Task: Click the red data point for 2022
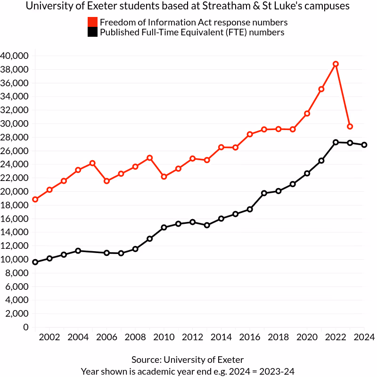pyautogui.click(x=336, y=64)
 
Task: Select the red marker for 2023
pyautogui.click(x=350, y=126)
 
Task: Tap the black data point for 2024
pyautogui.click(x=364, y=145)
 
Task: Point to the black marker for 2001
pyautogui.click(x=35, y=262)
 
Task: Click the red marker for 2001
pyautogui.click(x=35, y=199)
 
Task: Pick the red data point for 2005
pyautogui.click(x=92, y=163)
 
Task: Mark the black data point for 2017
pyautogui.click(x=264, y=193)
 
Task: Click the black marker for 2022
pyautogui.click(x=336, y=142)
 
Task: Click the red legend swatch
pyautogui.click(x=93, y=22)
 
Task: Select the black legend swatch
pyautogui.click(x=93, y=33)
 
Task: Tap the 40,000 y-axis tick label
pyautogui.click(x=15, y=56)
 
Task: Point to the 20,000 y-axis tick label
pyautogui.click(x=15, y=192)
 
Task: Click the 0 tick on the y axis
pyautogui.click(x=26, y=328)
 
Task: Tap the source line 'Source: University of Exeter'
pyautogui.click(x=188, y=360)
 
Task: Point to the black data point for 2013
pyautogui.click(x=206, y=225)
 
